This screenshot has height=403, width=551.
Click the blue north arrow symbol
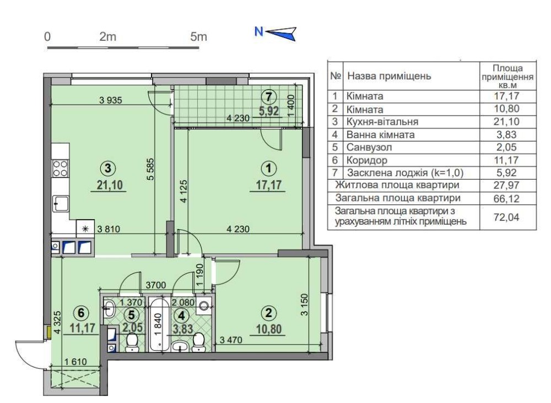(x=281, y=34)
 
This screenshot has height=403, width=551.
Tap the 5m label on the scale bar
(x=198, y=36)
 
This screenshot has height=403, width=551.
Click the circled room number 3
(x=107, y=168)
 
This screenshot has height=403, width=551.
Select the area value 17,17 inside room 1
(x=269, y=184)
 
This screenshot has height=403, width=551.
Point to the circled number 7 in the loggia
(x=268, y=96)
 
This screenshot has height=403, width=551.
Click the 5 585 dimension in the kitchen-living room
(x=150, y=169)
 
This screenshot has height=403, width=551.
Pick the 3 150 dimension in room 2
(x=304, y=304)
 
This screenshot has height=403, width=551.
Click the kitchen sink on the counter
(x=61, y=204)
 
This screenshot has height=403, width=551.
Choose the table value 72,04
(x=506, y=217)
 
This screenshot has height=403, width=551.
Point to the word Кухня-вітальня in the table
(x=382, y=122)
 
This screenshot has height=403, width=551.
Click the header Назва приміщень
(x=389, y=76)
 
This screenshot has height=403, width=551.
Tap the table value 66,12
(x=506, y=198)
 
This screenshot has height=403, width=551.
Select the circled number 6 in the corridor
(x=81, y=312)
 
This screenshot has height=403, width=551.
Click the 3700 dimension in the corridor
(x=156, y=285)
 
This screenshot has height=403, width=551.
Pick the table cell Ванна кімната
(x=381, y=135)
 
